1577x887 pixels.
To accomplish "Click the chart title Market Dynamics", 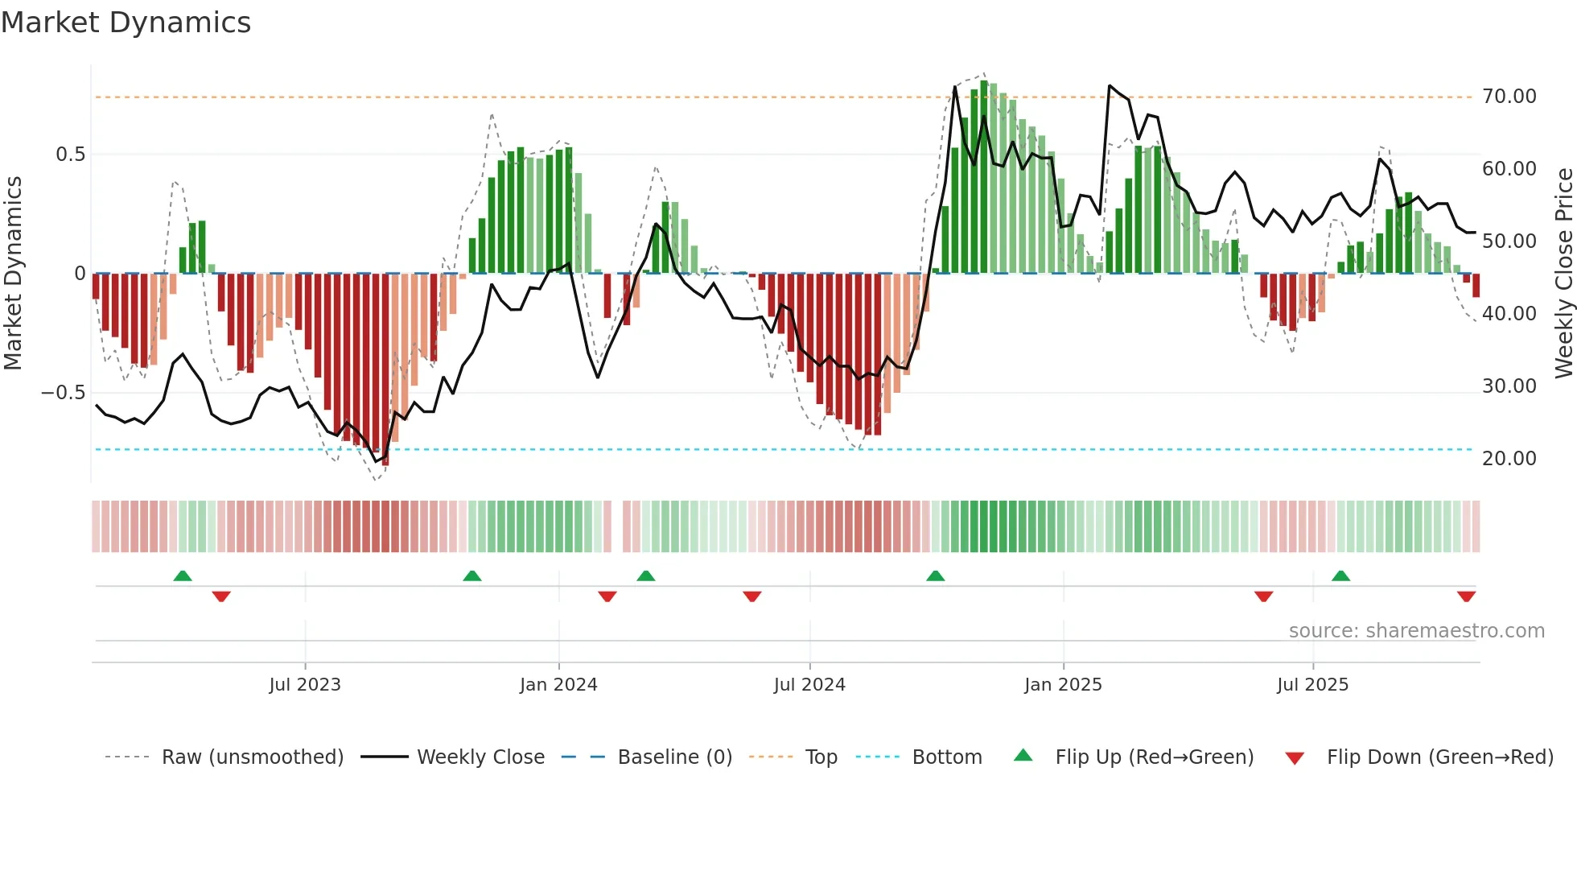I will click(126, 23).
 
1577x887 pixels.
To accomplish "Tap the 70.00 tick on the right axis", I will click(1509, 97).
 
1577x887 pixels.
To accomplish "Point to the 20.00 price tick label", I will click(1509, 459).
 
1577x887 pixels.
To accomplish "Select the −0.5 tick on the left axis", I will click(63, 393).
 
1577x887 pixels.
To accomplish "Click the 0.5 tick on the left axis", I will click(70, 155).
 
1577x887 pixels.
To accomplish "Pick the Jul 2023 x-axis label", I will click(305, 685).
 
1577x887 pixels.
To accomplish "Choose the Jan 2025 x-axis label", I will click(1063, 685).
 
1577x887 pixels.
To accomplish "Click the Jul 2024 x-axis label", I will click(809, 685).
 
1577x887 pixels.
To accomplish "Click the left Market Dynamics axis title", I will click(13, 274).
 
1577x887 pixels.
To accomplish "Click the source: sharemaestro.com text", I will click(1416, 631).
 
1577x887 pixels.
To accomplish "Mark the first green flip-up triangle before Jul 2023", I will click(183, 576).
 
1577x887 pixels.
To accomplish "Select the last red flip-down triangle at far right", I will click(1466, 596).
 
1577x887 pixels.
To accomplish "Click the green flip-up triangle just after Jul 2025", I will click(1340, 576).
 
